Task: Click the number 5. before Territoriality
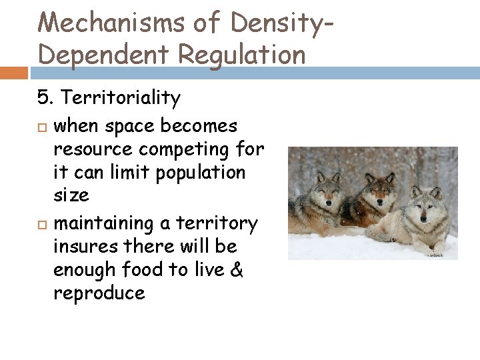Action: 45,99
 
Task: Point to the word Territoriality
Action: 119,99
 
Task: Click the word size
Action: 71,195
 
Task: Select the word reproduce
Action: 99,294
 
